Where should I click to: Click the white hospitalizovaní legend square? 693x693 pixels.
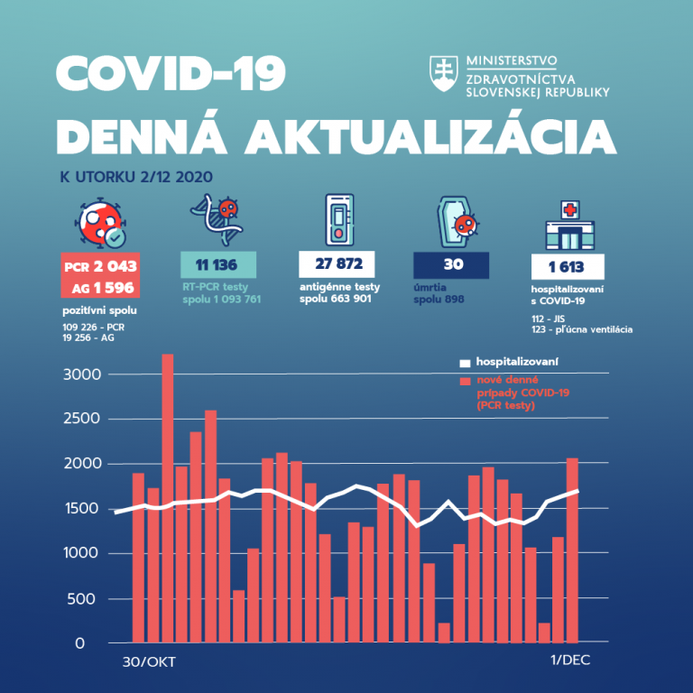[466, 364]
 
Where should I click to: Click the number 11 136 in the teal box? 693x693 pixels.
[219, 265]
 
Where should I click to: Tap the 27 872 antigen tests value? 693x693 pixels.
[336, 265]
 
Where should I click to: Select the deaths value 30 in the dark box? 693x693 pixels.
[450, 265]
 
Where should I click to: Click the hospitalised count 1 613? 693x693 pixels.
[568, 267]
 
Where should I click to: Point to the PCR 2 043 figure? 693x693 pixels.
[99, 267]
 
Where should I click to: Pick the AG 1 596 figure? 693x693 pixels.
[99, 287]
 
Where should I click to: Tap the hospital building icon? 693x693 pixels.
[568, 226]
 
